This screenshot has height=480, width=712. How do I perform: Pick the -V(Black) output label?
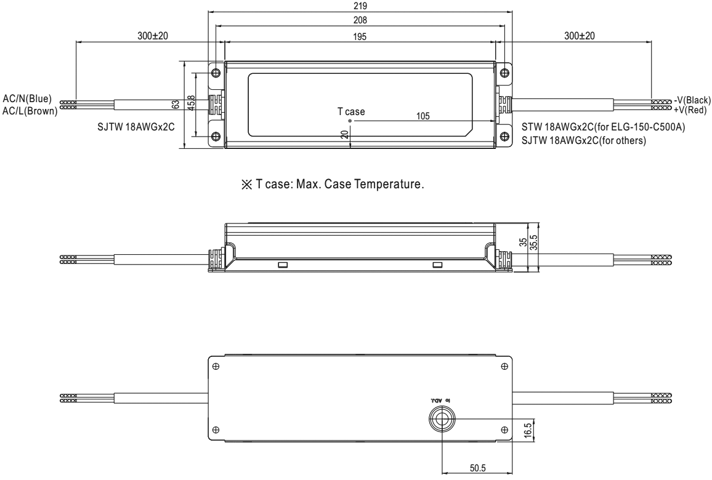(693, 100)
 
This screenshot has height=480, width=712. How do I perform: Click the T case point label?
(350, 111)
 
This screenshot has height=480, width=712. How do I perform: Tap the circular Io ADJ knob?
(442, 420)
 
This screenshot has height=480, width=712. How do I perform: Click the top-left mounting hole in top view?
(216, 73)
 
